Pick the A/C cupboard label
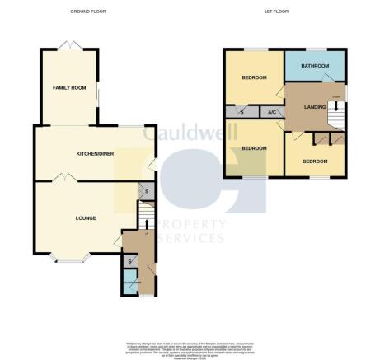tap(270, 112)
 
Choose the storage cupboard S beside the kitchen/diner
tap(146, 193)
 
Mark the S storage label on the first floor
tap(242, 112)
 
